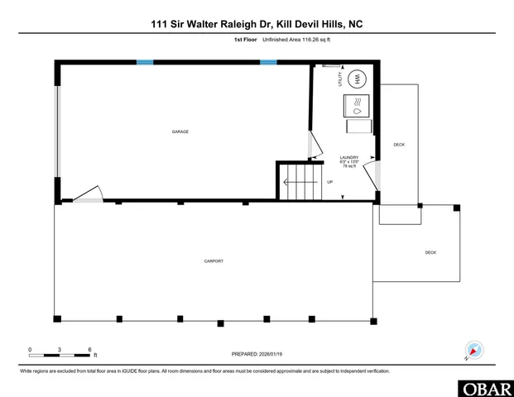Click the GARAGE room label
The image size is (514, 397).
click(180, 132)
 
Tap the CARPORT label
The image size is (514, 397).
click(214, 261)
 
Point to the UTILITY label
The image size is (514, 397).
click(340, 79)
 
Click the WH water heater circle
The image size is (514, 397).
click(358, 79)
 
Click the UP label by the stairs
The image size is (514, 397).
click(330, 182)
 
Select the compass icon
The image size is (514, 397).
click(474, 350)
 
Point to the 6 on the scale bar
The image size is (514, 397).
click(89, 350)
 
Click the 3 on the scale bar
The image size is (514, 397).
click(60, 350)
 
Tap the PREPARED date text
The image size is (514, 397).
click(257, 354)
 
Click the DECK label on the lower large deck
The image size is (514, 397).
click(430, 252)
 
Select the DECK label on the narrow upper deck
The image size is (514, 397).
click(399, 145)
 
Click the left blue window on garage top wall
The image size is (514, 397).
click(145, 62)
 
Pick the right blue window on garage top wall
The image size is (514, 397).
click(268, 62)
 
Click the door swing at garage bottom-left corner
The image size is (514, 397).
click(87, 195)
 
